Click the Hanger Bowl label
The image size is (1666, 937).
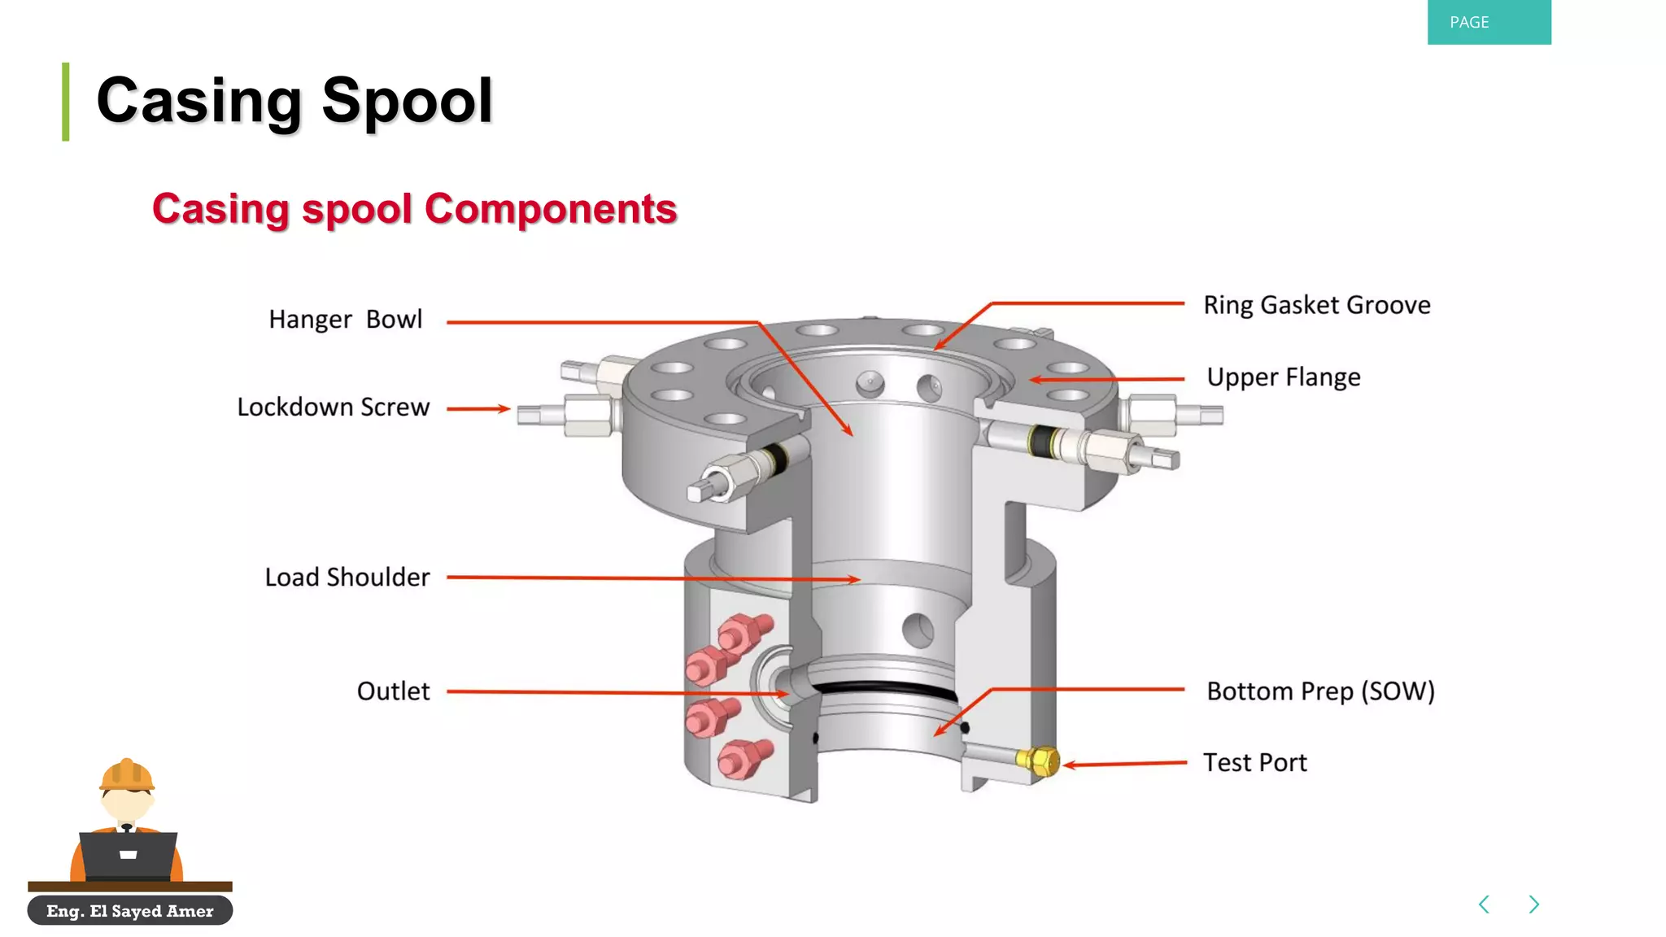(x=346, y=320)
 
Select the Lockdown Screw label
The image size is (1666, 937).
(x=333, y=407)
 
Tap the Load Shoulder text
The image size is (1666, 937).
(x=347, y=577)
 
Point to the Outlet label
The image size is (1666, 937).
(x=393, y=691)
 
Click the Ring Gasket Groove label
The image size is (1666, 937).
(x=1316, y=305)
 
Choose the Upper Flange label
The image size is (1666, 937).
(x=1283, y=377)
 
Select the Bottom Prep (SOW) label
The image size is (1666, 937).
(x=1319, y=691)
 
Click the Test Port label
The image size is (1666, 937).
(x=1254, y=763)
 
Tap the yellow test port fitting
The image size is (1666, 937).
(x=1038, y=761)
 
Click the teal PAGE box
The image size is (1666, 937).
(x=1488, y=22)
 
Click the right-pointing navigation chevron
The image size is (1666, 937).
(x=1533, y=904)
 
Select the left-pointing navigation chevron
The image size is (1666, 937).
(x=1484, y=904)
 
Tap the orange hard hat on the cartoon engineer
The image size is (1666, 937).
(x=127, y=775)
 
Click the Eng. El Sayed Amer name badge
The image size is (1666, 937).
(x=130, y=911)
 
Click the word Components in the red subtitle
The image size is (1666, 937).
(x=551, y=209)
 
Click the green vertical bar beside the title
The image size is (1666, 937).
(x=66, y=102)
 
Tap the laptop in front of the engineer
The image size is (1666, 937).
(x=128, y=854)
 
